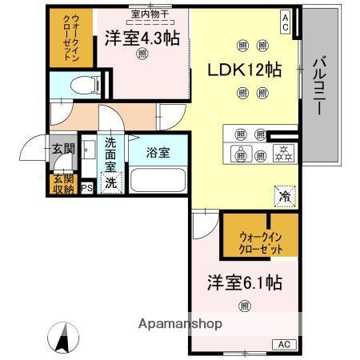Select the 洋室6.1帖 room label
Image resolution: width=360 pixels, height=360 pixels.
(x=244, y=282)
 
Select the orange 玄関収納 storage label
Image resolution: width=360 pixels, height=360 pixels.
(x=62, y=183)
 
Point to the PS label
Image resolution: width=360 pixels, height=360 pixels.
(x=87, y=189)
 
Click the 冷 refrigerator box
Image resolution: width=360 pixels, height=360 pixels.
(x=284, y=194)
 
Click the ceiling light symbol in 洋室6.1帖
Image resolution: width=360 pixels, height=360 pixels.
(x=243, y=304)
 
